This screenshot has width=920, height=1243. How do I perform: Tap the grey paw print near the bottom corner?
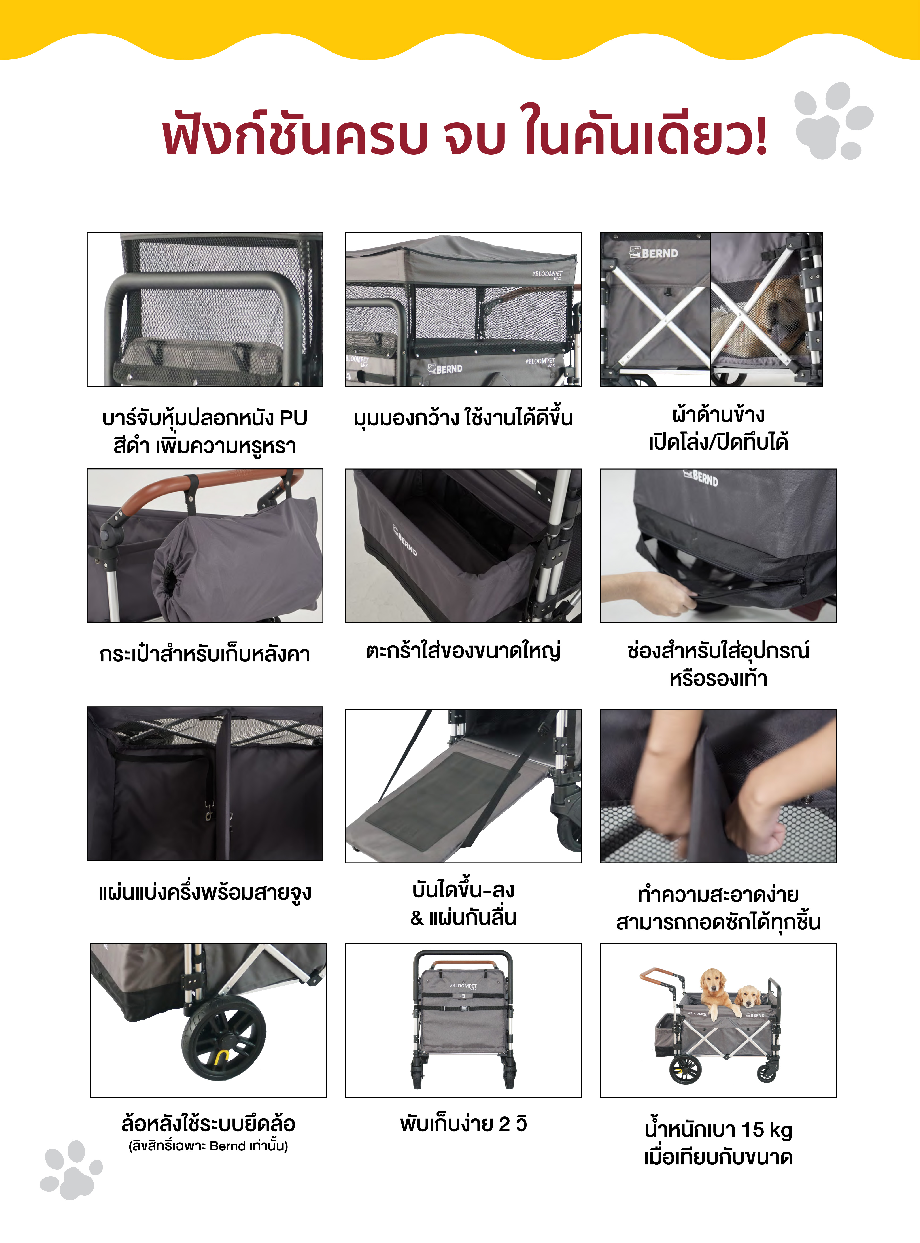coord(71,1169)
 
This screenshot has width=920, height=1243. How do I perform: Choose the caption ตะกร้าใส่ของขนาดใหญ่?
coord(463,650)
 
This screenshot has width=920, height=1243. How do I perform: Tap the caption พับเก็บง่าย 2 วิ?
coord(463,1124)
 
